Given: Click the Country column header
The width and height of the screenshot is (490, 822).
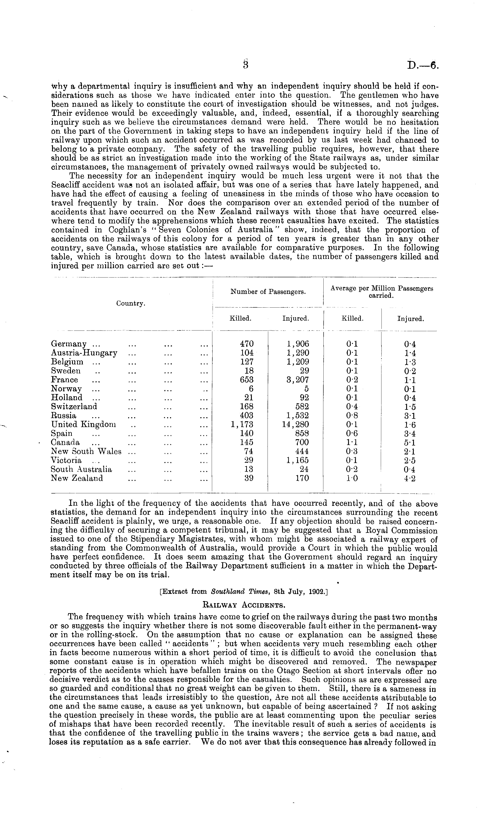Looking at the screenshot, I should [131, 304].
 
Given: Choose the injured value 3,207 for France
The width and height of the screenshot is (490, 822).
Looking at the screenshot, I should [298, 380].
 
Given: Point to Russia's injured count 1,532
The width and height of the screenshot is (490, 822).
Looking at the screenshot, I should [298, 415].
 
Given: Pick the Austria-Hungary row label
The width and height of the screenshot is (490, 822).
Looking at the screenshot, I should [84, 353].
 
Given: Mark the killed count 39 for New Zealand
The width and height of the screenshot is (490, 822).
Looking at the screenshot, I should [249, 478].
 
